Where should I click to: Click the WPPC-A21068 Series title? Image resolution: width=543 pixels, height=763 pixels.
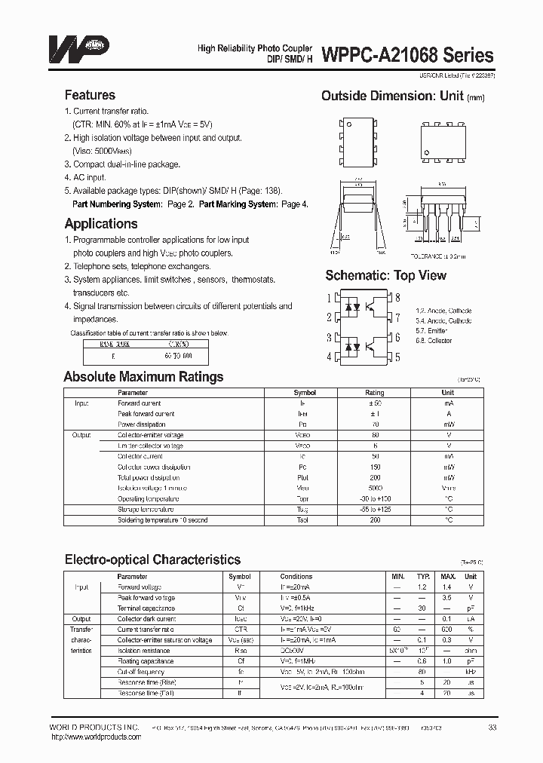pyautogui.click(x=408, y=55)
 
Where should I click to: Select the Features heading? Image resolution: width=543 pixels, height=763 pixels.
pyautogui.click(x=90, y=95)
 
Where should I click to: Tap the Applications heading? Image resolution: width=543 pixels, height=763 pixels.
pyautogui.click(x=100, y=224)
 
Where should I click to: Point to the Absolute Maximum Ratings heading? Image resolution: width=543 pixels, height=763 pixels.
pyautogui.click(x=143, y=377)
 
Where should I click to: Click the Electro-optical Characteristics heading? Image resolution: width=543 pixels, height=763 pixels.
pyautogui.click(x=152, y=559)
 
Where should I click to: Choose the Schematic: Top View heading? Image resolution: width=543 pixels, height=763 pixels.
pyautogui.click(x=385, y=275)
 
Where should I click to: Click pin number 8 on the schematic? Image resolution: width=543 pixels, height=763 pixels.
pyautogui.click(x=397, y=298)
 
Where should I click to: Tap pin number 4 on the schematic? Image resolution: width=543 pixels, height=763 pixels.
pyautogui.click(x=329, y=357)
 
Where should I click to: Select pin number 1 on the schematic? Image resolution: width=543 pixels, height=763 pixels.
pyautogui.click(x=329, y=298)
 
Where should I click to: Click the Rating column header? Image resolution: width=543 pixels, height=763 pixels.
pyautogui.click(x=374, y=393)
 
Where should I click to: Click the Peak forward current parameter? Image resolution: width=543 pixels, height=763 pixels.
pyautogui.click(x=144, y=414)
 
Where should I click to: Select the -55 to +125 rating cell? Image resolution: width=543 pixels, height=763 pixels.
pyautogui.click(x=374, y=510)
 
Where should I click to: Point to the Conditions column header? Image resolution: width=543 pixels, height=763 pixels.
pyautogui.click(x=296, y=576)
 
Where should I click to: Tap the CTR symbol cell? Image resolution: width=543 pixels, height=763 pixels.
pyautogui.click(x=240, y=629)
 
